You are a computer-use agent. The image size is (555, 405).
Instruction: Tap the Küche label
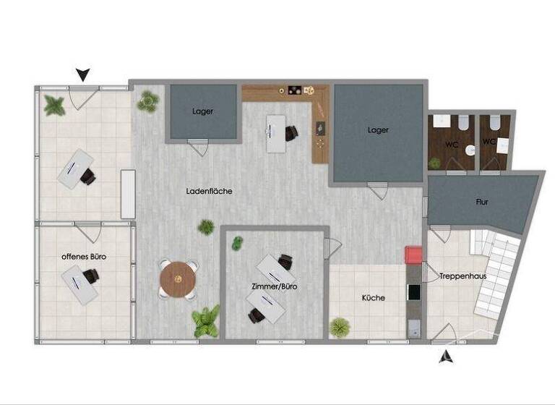[373, 298]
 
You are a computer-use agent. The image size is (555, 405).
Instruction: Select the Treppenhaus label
[462, 277]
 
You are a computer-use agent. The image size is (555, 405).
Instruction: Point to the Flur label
[482, 202]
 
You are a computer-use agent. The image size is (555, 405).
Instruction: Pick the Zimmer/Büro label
[275, 286]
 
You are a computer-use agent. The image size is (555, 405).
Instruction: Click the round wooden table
[178, 278]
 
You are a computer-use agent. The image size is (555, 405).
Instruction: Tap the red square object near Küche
[413, 255]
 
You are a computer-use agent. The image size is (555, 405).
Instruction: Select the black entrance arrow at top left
[84, 74]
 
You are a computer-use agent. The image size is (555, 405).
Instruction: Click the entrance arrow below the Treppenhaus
[447, 355]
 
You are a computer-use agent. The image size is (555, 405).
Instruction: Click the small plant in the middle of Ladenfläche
[206, 227]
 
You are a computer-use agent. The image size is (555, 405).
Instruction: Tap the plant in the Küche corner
[340, 327]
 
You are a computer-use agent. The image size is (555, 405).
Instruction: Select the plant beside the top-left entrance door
[54, 106]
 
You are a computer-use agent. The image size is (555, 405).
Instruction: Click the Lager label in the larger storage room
[377, 130]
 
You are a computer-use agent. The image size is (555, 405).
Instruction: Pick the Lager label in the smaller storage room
[203, 111]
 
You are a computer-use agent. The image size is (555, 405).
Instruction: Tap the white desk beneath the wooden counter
[276, 133]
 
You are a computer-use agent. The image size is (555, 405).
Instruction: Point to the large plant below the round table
[206, 321]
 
